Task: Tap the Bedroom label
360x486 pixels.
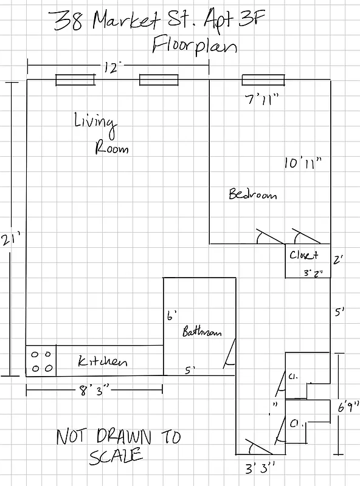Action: (x=252, y=194)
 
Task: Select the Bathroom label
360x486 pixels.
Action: (x=202, y=332)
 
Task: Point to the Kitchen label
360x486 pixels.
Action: (x=103, y=361)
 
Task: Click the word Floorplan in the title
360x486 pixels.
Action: (x=195, y=46)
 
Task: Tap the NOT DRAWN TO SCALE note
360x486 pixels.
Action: (x=119, y=445)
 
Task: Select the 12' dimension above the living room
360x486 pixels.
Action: (x=110, y=67)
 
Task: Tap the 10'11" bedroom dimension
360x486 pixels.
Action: (x=302, y=162)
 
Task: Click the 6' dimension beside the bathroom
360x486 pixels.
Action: (x=171, y=315)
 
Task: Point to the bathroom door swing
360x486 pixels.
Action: (x=229, y=354)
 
